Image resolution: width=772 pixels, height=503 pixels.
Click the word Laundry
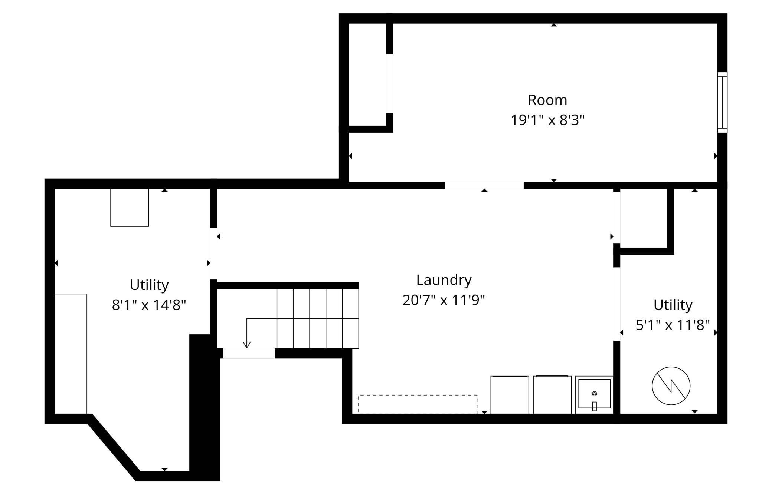pyautogui.click(x=444, y=280)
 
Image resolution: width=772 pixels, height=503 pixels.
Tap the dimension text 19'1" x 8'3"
pyautogui.click(x=547, y=120)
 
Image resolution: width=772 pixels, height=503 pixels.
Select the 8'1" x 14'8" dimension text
pyautogui.click(x=149, y=305)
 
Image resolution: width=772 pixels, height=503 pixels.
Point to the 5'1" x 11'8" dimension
pyautogui.click(x=673, y=325)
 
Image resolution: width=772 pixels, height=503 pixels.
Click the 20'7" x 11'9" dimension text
pyautogui.click(x=444, y=300)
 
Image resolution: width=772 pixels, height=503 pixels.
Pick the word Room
pyautogui.click(x=547, y=100)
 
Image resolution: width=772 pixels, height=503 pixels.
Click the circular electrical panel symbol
pyautogui.click(x=671, y=386)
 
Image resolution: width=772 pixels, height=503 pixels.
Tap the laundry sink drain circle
pyautogui.click(x=594, y=394)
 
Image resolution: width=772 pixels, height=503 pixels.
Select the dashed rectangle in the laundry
pyautogui.click(x=418, y=404)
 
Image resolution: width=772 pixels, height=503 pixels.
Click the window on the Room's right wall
pyautogui.click(x=722, y=102)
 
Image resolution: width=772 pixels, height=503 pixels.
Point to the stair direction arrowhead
pyautogui.click(x=246, y=345)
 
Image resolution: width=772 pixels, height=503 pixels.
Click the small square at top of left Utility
pyautogui.click(x=130, y=208)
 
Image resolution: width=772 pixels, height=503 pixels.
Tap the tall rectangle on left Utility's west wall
pyautogui.click(x=71, y=354)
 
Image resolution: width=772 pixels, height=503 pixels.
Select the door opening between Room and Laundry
pyautogui.click(x=484, y=185)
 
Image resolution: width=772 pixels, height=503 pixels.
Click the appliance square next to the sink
pyautogui.click(x=552, y=394)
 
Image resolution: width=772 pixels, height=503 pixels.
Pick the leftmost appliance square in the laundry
pyautogui.click(x=510, y=394)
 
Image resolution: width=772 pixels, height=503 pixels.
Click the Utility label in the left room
pyautogui.click(x=149, y=285)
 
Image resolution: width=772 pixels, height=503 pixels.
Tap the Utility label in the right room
pyautogui.click(x=673, y=305)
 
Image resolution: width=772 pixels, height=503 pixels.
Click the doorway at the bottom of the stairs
pyautogui.click(x=249, y=353)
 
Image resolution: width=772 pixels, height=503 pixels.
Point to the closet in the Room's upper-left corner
pyautogui.click(x=367, y=74)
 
